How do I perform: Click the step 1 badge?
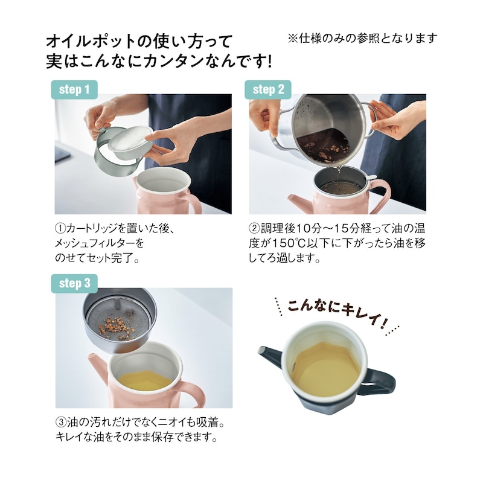(x=74, y=89)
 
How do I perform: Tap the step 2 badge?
(x=268, y=89)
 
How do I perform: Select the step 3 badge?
(x=74, y=283)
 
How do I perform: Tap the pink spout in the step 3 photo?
(x=98, y=366)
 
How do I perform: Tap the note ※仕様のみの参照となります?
(x=363, y=38)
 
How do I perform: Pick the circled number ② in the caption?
(x=255, y=229)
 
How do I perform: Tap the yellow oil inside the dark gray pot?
(x=327, y=369)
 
